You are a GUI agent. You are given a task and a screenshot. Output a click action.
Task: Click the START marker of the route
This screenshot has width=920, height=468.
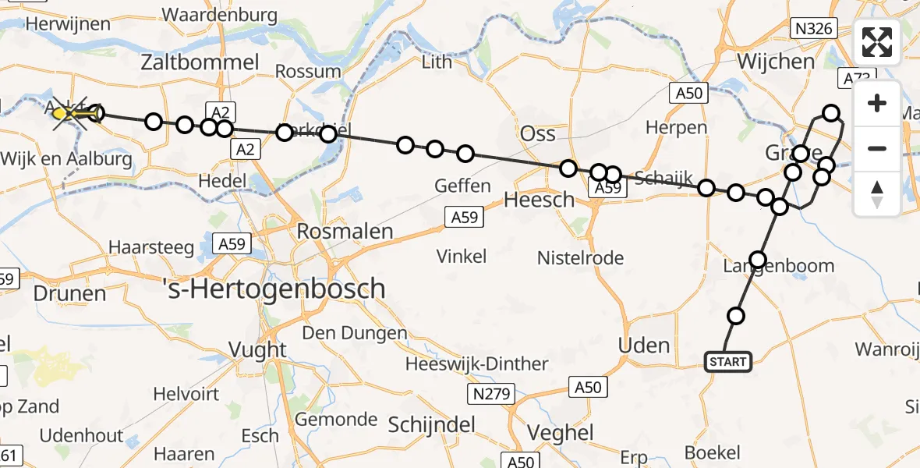728,362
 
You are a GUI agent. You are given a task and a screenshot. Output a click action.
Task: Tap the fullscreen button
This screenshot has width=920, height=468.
877,42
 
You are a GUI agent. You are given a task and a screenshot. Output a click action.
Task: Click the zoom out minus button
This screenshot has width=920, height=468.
877,148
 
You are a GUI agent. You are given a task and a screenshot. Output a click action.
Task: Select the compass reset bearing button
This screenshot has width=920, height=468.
877,194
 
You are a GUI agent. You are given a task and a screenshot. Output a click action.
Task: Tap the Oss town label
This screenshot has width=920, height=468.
538,133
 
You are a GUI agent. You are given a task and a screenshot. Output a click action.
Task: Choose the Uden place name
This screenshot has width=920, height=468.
643,346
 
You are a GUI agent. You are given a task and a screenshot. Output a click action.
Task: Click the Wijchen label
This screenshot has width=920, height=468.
776,61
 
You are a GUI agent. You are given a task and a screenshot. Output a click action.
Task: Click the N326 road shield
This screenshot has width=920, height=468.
814,30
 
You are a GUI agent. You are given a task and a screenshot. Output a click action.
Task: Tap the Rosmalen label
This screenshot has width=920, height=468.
345,232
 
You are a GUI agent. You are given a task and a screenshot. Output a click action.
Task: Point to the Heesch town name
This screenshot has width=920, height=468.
539,200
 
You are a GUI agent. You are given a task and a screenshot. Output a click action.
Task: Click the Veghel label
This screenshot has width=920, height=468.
561,433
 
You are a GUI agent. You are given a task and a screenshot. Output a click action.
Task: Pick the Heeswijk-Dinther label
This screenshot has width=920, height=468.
477,363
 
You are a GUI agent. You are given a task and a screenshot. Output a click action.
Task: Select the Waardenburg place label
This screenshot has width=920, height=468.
219,15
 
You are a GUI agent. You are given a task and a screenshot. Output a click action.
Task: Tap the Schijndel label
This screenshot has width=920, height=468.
431,425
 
